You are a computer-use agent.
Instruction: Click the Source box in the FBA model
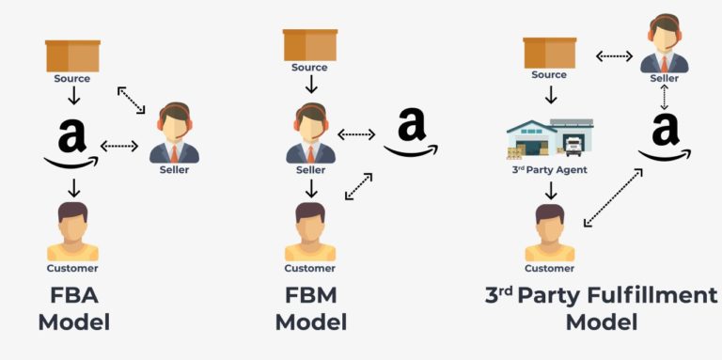click(73, 55)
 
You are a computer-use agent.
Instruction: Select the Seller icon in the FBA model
click(174, 133)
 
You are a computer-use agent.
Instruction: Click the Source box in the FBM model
click(310, 44)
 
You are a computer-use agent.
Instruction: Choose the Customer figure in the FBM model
click(310, 231)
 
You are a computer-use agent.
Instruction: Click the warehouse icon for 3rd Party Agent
click(550, 136)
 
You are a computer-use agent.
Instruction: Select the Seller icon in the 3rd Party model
click(664, 45)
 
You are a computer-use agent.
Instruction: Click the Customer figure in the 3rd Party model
click(550, 232)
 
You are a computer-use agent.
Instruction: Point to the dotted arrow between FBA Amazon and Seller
click(119, 146)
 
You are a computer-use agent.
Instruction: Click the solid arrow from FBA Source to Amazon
click(73, 96)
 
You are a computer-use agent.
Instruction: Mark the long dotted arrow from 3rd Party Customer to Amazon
click(613, 197)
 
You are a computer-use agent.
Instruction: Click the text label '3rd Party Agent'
click(549, 170)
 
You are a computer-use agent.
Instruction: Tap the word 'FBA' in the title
click(73, 296)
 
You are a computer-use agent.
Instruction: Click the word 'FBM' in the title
click(310, 296)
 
